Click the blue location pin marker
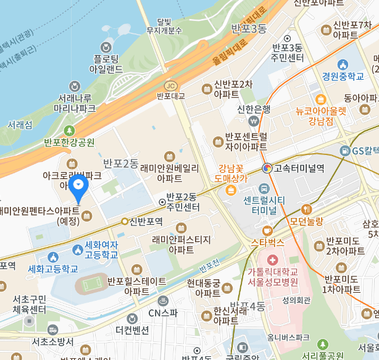[x=79, y=185]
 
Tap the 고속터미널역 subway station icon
[x=267, y=168]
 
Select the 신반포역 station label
[x=146, y=221]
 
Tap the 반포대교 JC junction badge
[x=170, y=86]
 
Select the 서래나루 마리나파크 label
[x=75, y=103]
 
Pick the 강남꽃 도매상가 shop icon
[x=230, y=189]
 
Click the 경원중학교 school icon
[x=344, y=64]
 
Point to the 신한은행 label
[x=254, y=109]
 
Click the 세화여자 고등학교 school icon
[x=77, y=249]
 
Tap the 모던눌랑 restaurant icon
[x=307, y=209]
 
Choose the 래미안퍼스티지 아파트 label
[x=185, y=245]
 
